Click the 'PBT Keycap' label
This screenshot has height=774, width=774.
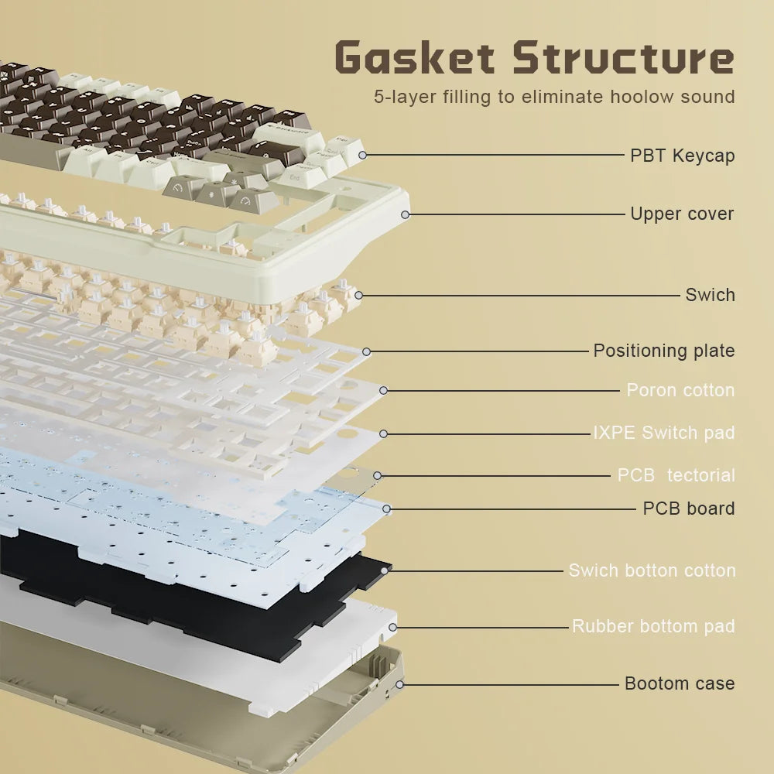(682, 156)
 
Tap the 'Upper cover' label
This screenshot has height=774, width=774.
(682, 214)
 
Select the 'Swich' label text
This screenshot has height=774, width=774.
(710, 295)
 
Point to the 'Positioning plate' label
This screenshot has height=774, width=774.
(664, 351)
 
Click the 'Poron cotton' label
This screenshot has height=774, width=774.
(680, 390)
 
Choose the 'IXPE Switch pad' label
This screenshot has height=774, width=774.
(664, 433)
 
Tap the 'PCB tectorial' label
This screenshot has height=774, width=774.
(676, 475)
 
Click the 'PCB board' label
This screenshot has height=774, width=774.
(689, 509)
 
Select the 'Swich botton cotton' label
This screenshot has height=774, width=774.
(652, 570)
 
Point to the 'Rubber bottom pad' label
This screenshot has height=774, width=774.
(653, 626)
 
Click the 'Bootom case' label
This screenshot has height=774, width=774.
(680, 683)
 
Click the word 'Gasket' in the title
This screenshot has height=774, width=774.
(415, 57)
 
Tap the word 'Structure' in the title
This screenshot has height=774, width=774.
(623, 57)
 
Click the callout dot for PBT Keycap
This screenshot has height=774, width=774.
(362, 155)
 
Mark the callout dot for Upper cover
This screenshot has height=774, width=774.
(406, 214)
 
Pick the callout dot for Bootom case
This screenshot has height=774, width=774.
(400, 685)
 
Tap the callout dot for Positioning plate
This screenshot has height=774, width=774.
(366, 352)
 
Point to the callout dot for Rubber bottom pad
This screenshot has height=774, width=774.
(392, 628)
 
